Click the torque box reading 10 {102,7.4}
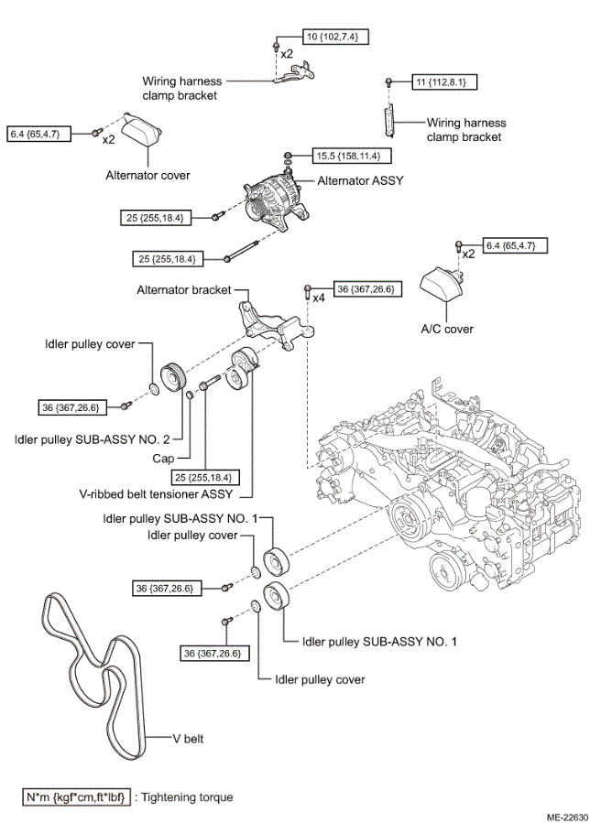pyautogui.click(x=335, y=37)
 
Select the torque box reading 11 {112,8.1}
pyautogui.click(x=444, y=82)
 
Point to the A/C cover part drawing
pyautogui.click(x=442, y=284)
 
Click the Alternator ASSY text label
pyautogui.click(x=360, y=180)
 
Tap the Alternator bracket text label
pyautogui.click(x=184, y=289)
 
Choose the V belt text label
pyautogui.click(x=188, y=739)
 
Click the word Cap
pyautogui.click(x=163, y=459)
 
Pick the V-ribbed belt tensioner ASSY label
pyautogui.click(x=156, y=494)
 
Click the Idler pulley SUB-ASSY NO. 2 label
pyautogui.click(x=93, y=439)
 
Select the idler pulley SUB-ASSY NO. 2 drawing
pyautogui.click(x=172, y=377)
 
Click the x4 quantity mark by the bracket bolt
pyautogui.click(x=319, y=298)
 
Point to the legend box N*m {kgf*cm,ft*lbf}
pyautogui.click(x=76, y=797)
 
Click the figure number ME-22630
pyautogui.click(x=568, y=818)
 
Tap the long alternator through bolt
pyautogui.click(x=241, y=251)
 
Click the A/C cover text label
pyautogui.click(x=447, y=329)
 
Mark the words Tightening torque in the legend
pyautogui.click(x=187, y=797)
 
